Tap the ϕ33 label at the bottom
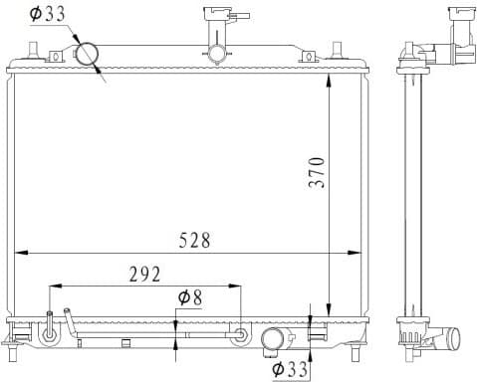tap(291, 369)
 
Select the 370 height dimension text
tap(316, 173)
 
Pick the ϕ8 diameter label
tap(189, 297)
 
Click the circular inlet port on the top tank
tap(87, 54)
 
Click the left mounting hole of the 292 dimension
tap(49, 334)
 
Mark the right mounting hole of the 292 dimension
tap(240, 334)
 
